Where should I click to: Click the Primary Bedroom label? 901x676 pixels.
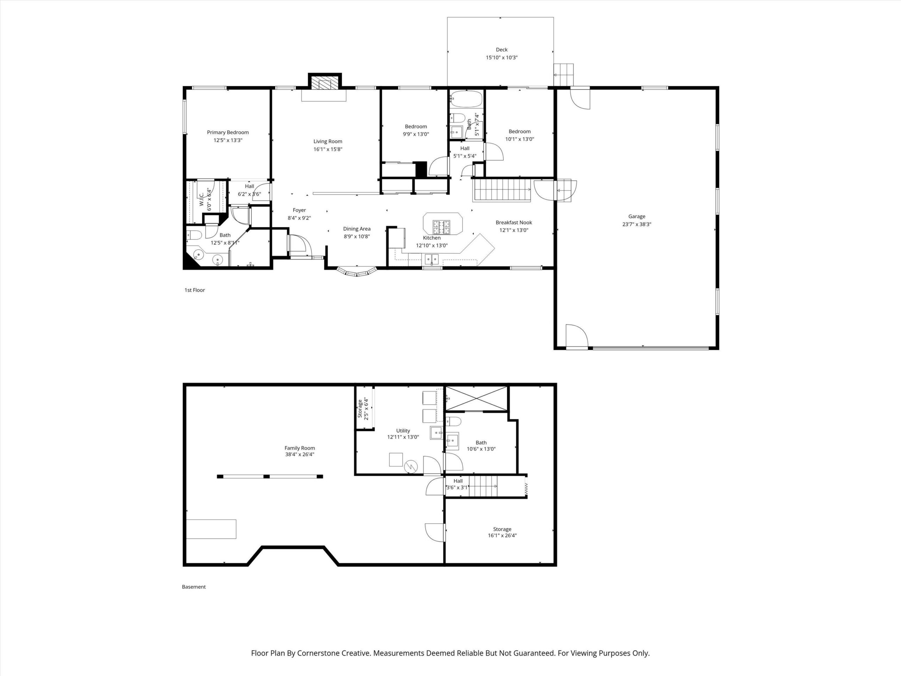point(228,132)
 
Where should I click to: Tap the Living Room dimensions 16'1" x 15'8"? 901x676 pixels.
point(328,149)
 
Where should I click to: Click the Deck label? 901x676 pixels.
point(502,50)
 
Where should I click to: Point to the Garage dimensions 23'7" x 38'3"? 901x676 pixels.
point(637,224)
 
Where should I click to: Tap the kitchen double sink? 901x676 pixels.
point(432,258)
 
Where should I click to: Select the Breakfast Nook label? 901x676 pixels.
point(513,223)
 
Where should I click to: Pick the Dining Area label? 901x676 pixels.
point(357,229)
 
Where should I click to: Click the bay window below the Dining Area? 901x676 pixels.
point(357,272)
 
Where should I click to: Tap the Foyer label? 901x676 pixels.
point(300,210)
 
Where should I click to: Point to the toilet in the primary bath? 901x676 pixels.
point(194,235)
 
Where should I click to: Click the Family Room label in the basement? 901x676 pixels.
point(300,448)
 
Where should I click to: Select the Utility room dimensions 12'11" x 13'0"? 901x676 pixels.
point(403,437)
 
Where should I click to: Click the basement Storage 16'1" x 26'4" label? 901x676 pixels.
point(502,532)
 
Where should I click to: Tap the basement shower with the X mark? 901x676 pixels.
point(476,398)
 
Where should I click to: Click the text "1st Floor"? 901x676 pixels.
point(195,290)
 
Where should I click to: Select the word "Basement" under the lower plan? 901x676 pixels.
point(194,587)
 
